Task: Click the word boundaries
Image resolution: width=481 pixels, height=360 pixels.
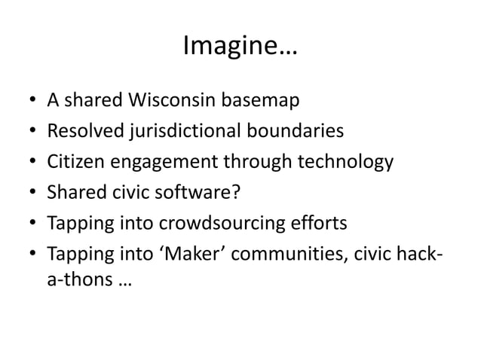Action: coord(293,131)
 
